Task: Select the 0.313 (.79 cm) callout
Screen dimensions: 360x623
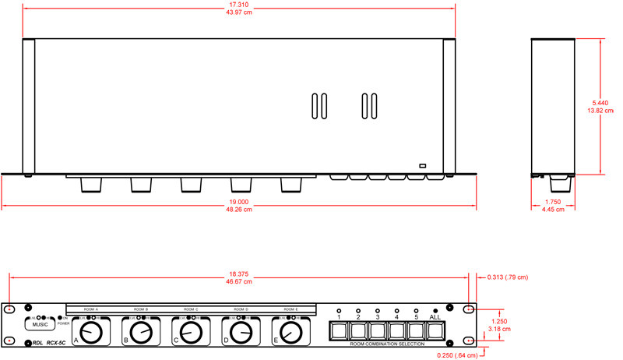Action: pyautogui.click(x=507, y=277)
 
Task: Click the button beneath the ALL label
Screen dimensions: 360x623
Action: pyautogui.click(x=435, y=332)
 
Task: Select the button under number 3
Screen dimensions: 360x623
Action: pyautogui.click(x=378, y=332)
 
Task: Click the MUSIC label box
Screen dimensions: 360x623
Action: pyautogui.click(x=40, y=324)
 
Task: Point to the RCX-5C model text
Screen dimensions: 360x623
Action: pyautogui.click(x=55, y=343)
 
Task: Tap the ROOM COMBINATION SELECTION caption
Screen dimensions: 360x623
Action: pyautogui.click(x=387, y=344)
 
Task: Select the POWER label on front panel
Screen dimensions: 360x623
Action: pyautogui.click(x=63, y=323)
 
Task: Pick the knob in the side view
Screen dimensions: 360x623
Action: pyautogui.click(x=560, y=185)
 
